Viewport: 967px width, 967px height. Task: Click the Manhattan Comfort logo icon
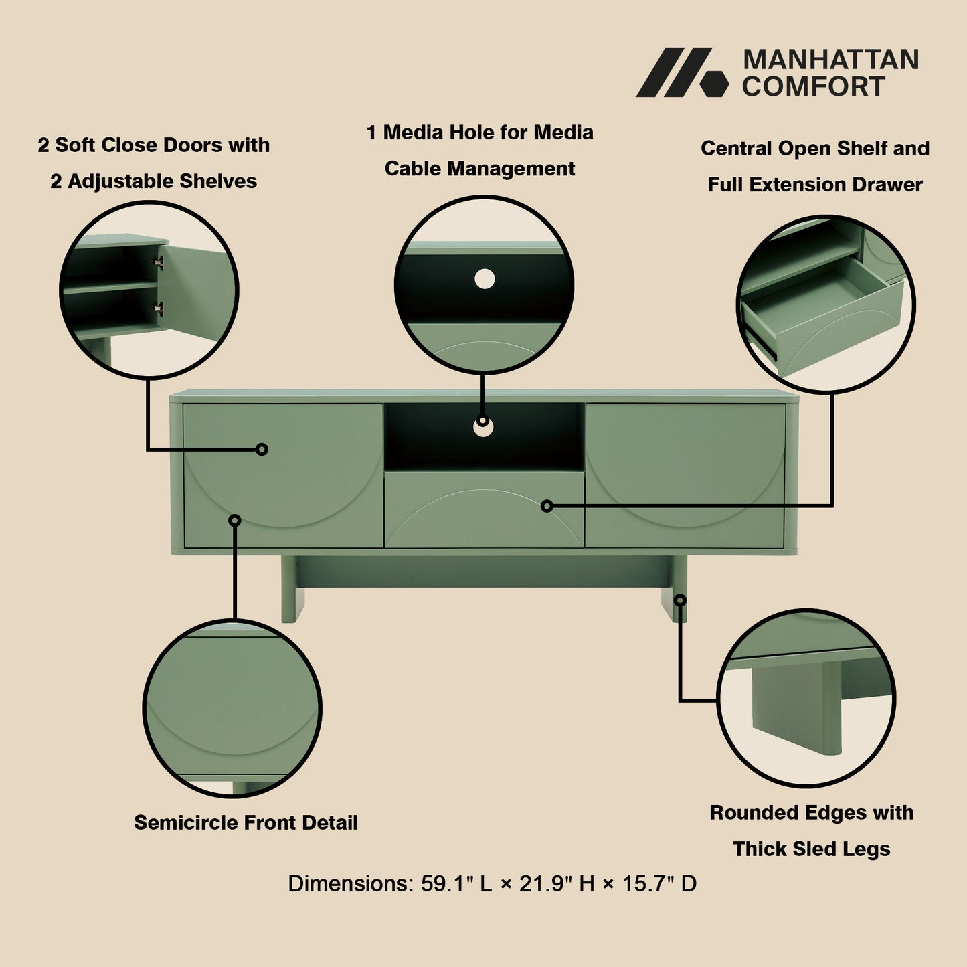(681, 72)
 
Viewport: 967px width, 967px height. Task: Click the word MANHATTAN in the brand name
(830, 60)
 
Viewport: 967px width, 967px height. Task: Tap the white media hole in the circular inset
(485, 279)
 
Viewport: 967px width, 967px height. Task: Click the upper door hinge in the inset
(159, 263)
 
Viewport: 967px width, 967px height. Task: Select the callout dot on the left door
(262, 449)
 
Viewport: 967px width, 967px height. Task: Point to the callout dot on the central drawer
(547, 506)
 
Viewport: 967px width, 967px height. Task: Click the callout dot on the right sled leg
(680, 600)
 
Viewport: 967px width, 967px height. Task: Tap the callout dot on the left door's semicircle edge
(235, 520)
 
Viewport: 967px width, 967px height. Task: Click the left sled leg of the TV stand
(289, 590)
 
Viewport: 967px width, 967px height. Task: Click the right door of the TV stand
(685, 475)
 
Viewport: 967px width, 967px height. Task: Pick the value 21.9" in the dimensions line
(545, 884)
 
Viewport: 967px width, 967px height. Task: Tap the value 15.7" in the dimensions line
(648, 884)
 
